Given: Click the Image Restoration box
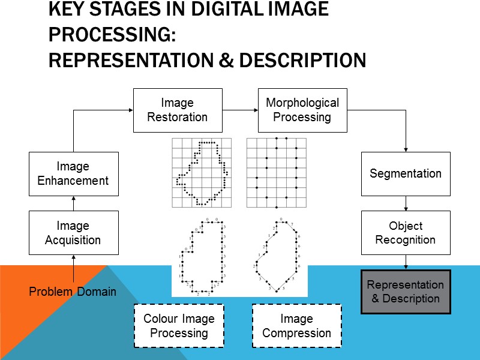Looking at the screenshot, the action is coord(178,110).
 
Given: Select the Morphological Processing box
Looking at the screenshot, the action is coord(302,110).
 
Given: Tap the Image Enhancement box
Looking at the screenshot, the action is coord(73,173).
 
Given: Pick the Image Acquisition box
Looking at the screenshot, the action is coord(73,233).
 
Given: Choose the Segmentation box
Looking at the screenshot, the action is coord(406,173).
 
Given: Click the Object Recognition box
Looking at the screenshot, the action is coord(406,233).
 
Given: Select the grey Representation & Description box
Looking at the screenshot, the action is coord(406,292).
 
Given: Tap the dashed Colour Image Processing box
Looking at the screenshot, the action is coord(179,326).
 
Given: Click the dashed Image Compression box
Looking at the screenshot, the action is coord(296,326).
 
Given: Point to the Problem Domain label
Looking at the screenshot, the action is coord(73,292).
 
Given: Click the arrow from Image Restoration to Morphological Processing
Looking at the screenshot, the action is coord(240,110).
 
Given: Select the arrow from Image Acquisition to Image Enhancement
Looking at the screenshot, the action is coord(73,203).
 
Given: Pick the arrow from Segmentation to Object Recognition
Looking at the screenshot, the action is coord(406,203).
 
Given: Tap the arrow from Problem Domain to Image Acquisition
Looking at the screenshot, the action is coord(73,269).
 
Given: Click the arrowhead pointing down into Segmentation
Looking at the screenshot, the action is coord(406,149).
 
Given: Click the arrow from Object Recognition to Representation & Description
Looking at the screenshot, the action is coord(406,262).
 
